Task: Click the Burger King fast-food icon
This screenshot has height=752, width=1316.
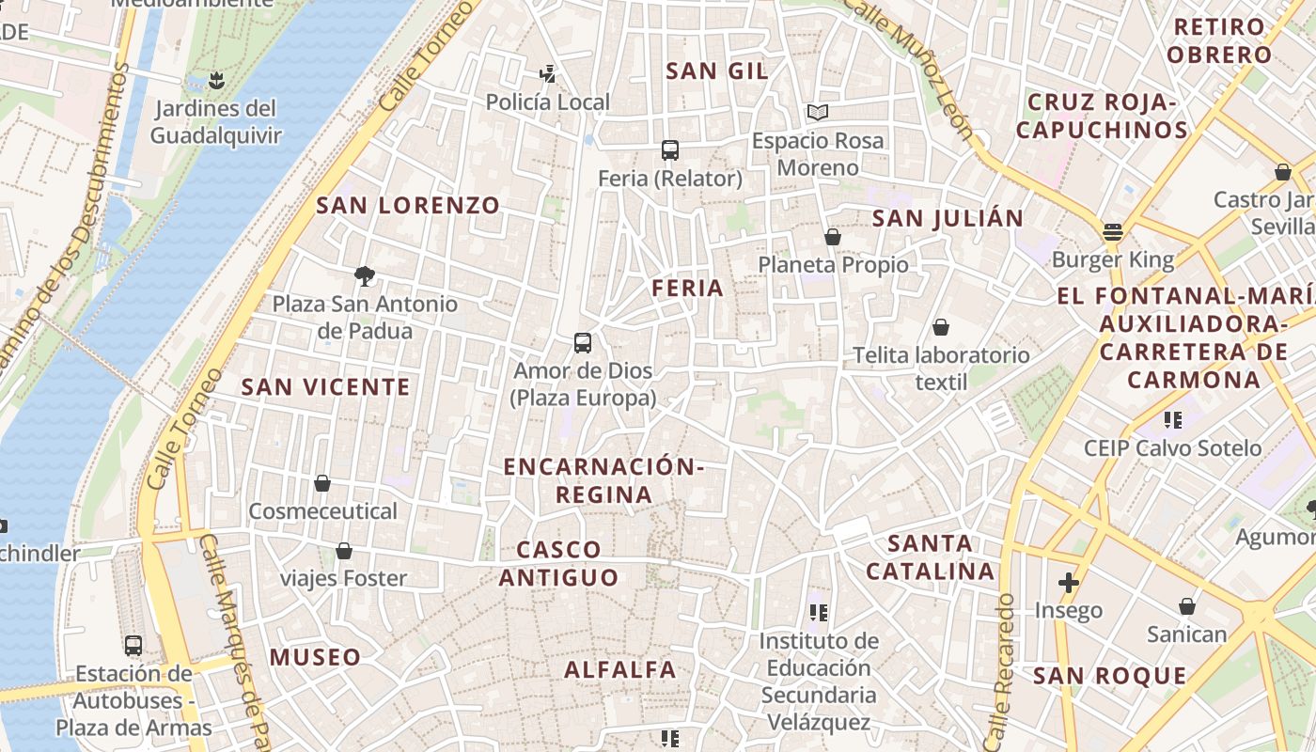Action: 1113,231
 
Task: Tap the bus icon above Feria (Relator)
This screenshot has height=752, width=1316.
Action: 670,149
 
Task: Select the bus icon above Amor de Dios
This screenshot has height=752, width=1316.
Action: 583,342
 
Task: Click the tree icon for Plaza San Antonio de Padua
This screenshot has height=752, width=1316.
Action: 365,275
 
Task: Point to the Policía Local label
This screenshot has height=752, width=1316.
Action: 548,102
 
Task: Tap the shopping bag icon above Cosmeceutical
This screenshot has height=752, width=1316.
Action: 322,483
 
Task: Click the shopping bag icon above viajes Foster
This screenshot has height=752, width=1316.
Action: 344,550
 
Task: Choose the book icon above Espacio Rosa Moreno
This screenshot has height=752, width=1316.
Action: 818,113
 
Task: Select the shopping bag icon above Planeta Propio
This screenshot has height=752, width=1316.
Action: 832,237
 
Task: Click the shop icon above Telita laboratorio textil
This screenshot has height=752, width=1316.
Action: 941,327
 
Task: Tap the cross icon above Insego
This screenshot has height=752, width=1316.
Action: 1069,583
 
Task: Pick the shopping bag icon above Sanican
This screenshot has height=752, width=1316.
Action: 1187,606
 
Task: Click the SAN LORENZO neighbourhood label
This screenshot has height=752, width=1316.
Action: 408,205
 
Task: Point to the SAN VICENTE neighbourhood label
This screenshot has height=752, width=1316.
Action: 325,386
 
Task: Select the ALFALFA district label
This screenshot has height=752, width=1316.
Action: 620,669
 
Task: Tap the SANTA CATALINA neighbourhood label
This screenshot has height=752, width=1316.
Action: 931,556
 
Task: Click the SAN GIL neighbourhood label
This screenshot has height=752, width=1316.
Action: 717,70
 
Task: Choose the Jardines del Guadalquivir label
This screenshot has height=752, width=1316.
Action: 216,121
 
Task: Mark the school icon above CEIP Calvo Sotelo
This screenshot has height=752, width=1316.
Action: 1172,419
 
